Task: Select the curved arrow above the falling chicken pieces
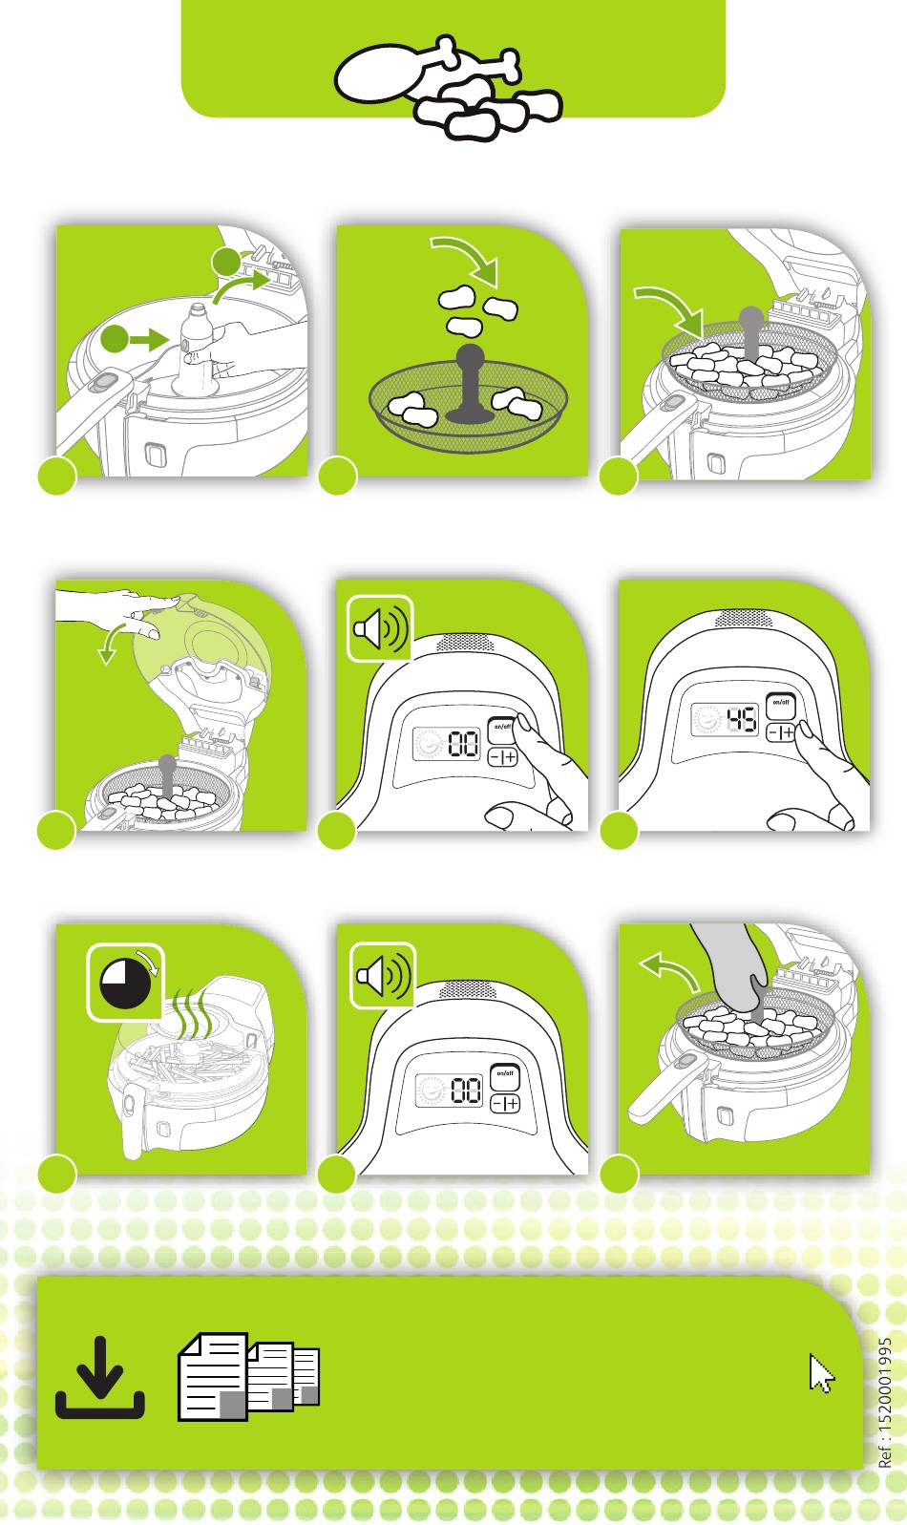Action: point(468,259)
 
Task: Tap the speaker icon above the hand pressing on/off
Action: point(380,628)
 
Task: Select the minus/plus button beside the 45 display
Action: point(780,732)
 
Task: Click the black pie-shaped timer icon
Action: point(125,983)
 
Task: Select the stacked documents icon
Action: point(248,1376)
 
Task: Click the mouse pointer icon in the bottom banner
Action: point(822,1373)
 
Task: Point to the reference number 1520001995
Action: point(884,1402)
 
